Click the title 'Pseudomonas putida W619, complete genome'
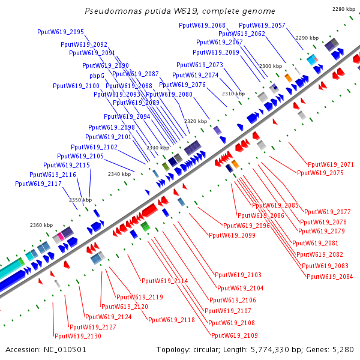point(180,11)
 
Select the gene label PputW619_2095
point(60,32)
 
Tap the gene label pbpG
point(97,76)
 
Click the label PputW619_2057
point(262,25)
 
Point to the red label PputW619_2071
point(331,164)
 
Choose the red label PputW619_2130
point(77,336)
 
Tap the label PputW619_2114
point(164,281)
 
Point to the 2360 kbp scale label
point(42,225)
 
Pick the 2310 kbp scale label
point(233,94)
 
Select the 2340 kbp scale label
point(119,174)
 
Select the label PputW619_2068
point(202,25)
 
